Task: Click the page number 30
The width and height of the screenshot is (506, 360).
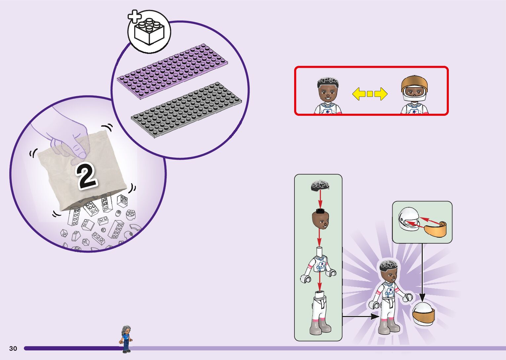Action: click(x=13, y=348)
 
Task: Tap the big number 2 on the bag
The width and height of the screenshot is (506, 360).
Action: click(x=87, y=177)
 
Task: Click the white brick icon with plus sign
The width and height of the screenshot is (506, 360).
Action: click(x=149, y=32)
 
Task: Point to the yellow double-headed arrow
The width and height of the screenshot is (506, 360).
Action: click(x=370, y=94)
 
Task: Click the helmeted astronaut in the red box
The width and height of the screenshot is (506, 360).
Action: click(x=414, y=95)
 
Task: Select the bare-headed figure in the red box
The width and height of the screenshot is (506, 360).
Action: click(x=328, y=95)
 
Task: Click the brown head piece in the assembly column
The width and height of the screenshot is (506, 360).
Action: click(x=320, y=220)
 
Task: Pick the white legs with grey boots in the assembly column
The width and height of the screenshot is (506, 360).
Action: click(x=320, y=312)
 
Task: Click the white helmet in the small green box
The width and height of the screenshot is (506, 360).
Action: click(x=408, y=219)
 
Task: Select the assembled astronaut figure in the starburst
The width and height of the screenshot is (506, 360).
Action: click(x=389, y=296)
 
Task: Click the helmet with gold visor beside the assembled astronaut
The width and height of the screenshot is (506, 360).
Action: click(x=423, y=313)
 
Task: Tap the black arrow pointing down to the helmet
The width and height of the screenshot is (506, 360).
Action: click(x=422, y=271)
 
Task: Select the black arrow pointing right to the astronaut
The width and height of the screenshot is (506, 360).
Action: click(x=360, y=316)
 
